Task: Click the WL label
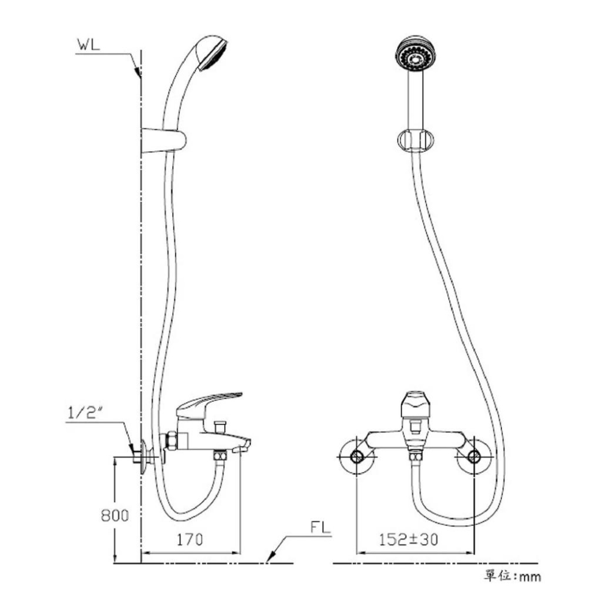coord(88,45)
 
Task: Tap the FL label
coord(320,527)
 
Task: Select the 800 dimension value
coord(115,515)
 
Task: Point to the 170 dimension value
coord(190,539)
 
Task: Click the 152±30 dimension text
coord(409,539)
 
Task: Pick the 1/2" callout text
coord(86,413)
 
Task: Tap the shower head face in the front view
coord(414,55)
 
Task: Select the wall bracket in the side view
coord(164,140)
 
